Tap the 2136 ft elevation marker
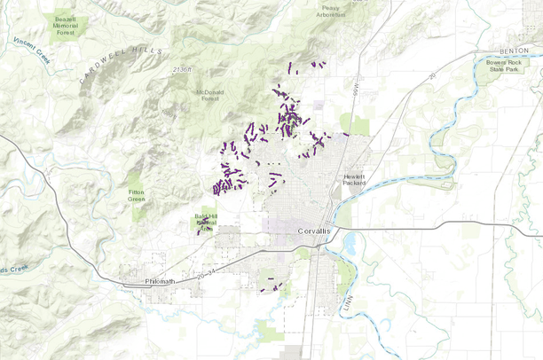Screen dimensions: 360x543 pos(183,69)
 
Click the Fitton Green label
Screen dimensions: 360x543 pos(136,195)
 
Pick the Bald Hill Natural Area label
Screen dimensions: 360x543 pos(207,222)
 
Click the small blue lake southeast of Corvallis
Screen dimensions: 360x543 pos(349,243)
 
